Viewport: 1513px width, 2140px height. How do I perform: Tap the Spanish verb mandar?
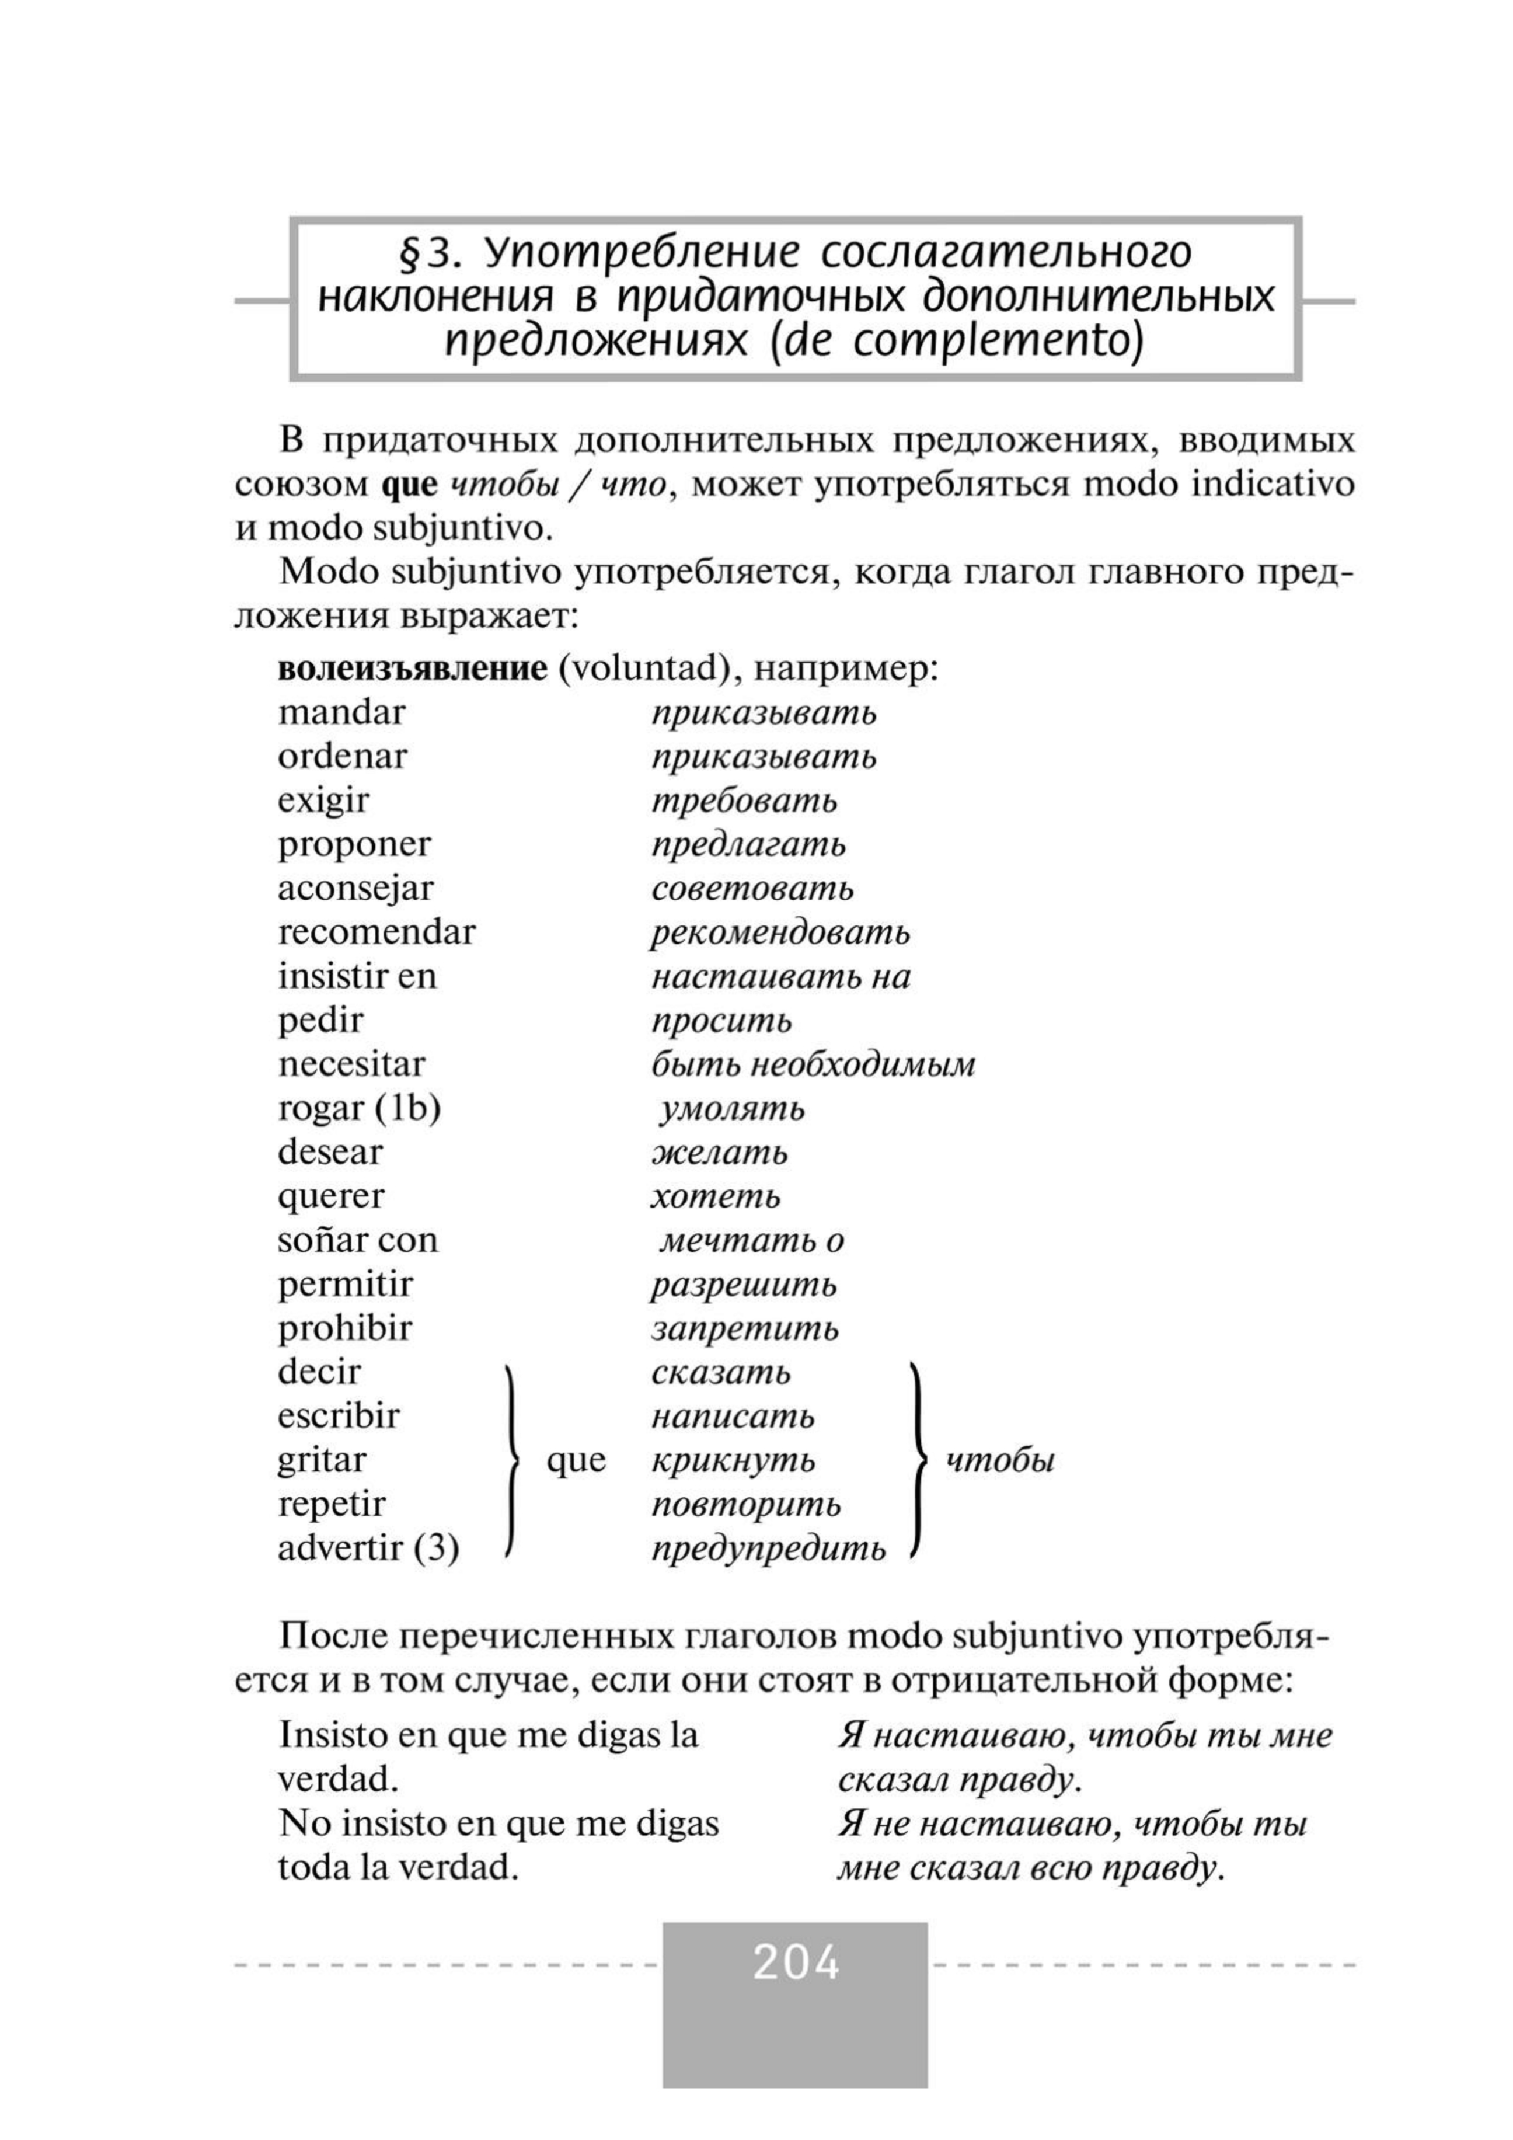pos(341,713)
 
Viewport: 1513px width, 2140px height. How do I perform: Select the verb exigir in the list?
pos(322,801)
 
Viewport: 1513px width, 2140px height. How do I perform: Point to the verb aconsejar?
pos(355,888)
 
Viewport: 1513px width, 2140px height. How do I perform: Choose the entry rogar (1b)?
pos(358,1108)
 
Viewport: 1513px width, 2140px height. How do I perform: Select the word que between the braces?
pos(576,1460)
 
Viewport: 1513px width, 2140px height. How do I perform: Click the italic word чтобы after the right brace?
pos(1000,1460)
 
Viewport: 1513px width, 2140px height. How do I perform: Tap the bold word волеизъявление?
pos(412,669)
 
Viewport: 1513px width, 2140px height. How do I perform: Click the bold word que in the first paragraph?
pos(410,486)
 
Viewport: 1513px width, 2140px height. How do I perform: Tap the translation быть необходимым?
pos(813,1064)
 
